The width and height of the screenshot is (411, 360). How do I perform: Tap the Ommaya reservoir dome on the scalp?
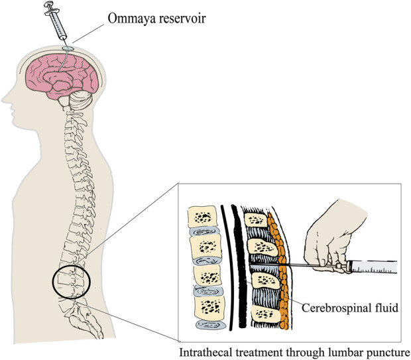click(x=67, y=48)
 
